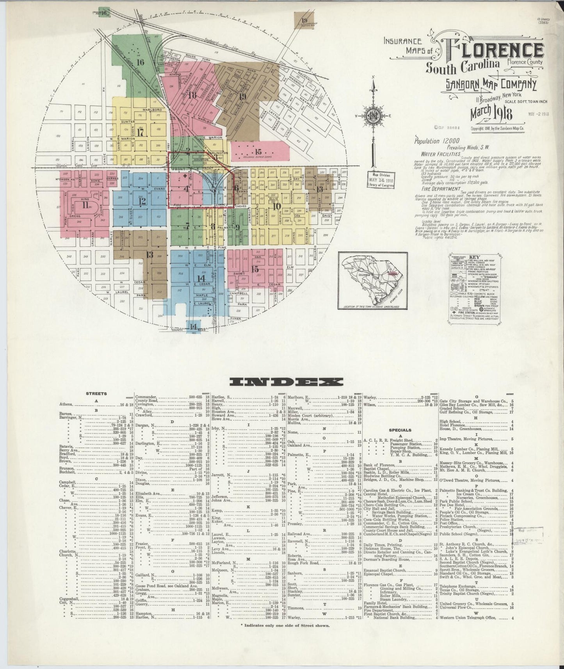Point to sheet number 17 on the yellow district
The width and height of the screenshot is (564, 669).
click(141, 132)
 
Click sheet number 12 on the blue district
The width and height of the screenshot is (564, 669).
click(142, 201)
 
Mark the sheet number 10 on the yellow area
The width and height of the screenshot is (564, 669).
click(277, 206)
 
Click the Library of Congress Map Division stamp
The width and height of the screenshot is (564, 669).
click(381, 180)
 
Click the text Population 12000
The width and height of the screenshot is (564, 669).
click(437, 141)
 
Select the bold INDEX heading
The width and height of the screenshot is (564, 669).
click(286, 382)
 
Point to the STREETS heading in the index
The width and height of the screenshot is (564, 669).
click(96, 394)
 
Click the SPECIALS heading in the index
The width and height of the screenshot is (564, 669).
click(398, 430)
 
